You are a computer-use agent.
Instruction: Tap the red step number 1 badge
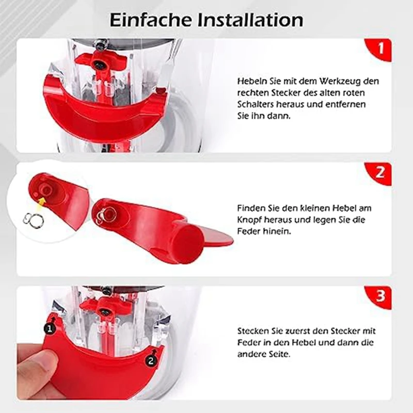coord(380,50)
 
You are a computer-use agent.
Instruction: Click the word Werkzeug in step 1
coord(333,81)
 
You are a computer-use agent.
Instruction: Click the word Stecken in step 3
coord(252,330)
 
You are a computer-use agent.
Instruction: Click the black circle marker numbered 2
coord(150,361)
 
